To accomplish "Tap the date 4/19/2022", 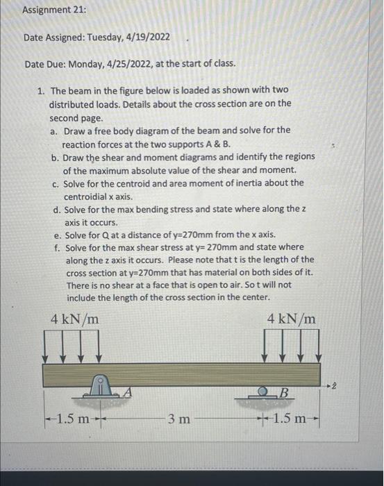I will pyautogui.click(x=145, y=37).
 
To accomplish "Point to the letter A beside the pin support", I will pyautogui.click(x=127, y=392).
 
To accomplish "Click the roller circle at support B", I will pyautogui.click(x=265, y=392).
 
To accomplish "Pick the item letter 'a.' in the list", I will pyautogui.click(x=54, y=131).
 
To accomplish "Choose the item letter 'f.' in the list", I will pyautogui.click(x=55, y=247).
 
